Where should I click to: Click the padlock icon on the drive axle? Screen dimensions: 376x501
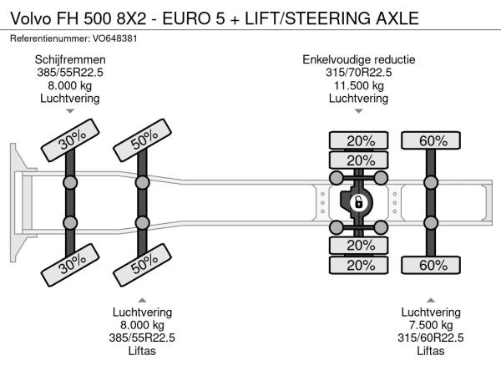[x=358, y=202]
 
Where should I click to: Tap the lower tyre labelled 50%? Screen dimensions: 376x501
[x=144, y=266]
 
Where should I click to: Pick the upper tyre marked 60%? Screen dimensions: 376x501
[x=433, y=140]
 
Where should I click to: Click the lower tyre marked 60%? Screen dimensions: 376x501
[x=433, y=266]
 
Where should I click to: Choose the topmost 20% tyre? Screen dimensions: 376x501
[x=360, y=140]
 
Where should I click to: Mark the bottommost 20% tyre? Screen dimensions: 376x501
[x=360, y=266]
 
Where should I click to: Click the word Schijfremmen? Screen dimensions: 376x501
[x=70, y=60]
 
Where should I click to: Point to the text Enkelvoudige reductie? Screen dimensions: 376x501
[x=359, y=60]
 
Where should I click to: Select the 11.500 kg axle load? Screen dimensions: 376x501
[x=359, y=85]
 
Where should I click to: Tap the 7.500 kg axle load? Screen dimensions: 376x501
[x=431, y=324]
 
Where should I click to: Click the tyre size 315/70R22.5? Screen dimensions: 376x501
[x=359, y=73]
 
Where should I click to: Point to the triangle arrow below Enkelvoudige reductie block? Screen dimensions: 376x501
[x=359, y=111]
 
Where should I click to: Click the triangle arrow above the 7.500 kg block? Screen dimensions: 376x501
[x=431, y=299]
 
